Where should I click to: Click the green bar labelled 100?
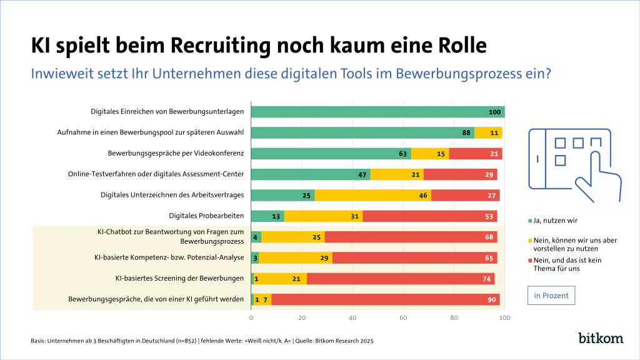tap(377, 112)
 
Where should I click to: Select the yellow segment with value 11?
tap(488, 132)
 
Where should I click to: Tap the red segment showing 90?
tap(385, 299)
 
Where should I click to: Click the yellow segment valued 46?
tap(372, 195)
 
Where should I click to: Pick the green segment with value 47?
tap(311, 174)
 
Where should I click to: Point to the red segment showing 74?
tap(401, 279)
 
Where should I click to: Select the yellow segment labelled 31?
tap(323, 216)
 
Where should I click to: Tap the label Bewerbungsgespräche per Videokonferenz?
tap(176, 153)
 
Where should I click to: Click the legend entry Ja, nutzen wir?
tap(555, 221)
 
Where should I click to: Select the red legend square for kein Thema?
tap(531, 261)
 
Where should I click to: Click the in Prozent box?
tap(551, 295)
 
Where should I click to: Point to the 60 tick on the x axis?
tap(403, 318)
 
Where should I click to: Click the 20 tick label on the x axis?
tap(302, 318)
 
